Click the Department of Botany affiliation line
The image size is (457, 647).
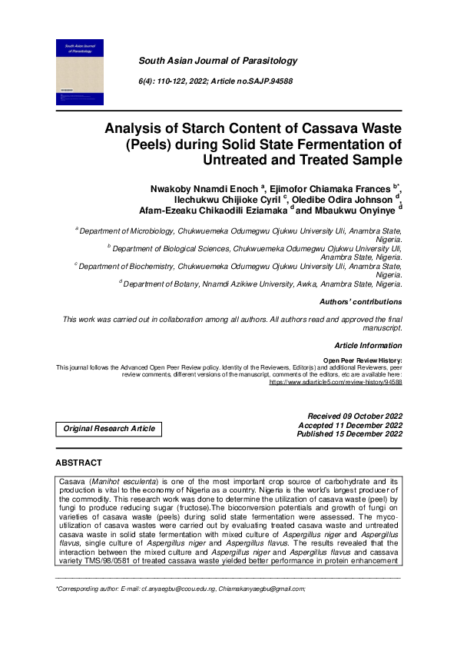[x=261, y=284]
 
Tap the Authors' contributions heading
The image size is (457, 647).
[x=360, y=302]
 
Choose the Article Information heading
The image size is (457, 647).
[x=368, y=346]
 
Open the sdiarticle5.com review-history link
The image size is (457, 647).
[x=336, y=381]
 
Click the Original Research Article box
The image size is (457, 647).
[x=108, y=429]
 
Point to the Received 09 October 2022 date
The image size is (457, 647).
[x=354, y=416]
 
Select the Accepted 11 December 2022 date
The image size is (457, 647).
[x=350, y=425]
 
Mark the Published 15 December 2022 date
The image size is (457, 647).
[x=349, y=434]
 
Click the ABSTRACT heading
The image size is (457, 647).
[x=78, y=463]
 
